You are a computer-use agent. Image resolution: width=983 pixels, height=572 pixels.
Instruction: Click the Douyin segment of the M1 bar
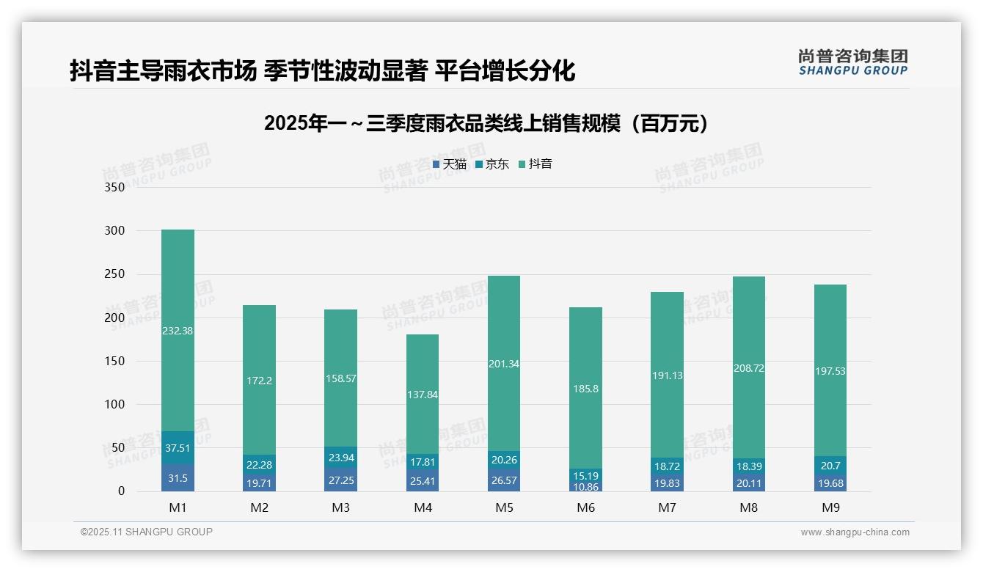(178, 330)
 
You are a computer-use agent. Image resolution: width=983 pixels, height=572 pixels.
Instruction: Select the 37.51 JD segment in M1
(178, 447)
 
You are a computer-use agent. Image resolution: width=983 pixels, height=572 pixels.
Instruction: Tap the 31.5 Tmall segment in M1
(178, 477)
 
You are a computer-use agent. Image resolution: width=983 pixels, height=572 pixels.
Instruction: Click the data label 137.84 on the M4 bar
(422, 395)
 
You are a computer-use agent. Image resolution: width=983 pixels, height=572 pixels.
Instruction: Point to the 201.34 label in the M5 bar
(503, 364)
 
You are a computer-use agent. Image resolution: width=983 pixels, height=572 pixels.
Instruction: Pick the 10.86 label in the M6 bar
(585, 487)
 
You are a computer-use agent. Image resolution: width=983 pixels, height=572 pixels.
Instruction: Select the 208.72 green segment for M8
(748, 367)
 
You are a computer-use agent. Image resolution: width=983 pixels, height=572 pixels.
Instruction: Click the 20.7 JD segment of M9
(830, 465)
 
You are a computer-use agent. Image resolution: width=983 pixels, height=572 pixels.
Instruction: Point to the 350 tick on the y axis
(115, 187)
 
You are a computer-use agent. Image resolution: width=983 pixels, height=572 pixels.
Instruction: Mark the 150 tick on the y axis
(115, 361)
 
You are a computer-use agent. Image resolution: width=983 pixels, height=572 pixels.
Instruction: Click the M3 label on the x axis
(340, 507)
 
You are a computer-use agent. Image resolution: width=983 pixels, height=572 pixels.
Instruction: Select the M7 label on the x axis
(667, 507)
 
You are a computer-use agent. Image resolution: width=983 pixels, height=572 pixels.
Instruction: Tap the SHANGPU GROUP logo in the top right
(852, 62)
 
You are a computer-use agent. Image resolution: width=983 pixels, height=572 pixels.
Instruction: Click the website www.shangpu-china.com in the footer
(855, 532)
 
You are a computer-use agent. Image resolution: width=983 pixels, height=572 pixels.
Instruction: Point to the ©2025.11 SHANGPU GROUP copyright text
(147, 532)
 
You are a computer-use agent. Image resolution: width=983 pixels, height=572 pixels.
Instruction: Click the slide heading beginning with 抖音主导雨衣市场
(323, 71)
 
